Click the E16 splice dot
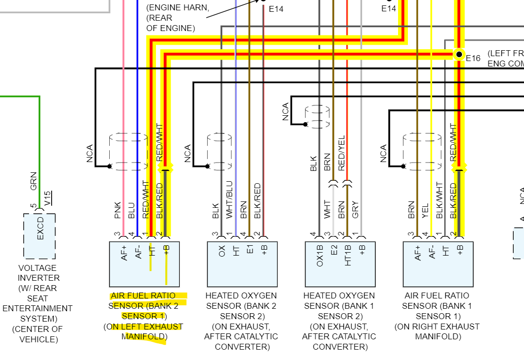459,54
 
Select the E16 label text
473,59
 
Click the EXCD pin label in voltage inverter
40,228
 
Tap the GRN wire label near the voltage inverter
33,181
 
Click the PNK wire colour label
118,210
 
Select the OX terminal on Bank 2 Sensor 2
222,252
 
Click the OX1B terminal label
320,254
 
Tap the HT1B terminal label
348,254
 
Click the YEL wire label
426,211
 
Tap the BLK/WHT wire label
440,200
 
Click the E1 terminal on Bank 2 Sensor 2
250,251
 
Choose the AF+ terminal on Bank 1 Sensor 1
418,253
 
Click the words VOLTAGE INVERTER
37,273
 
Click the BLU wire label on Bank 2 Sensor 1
131,211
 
